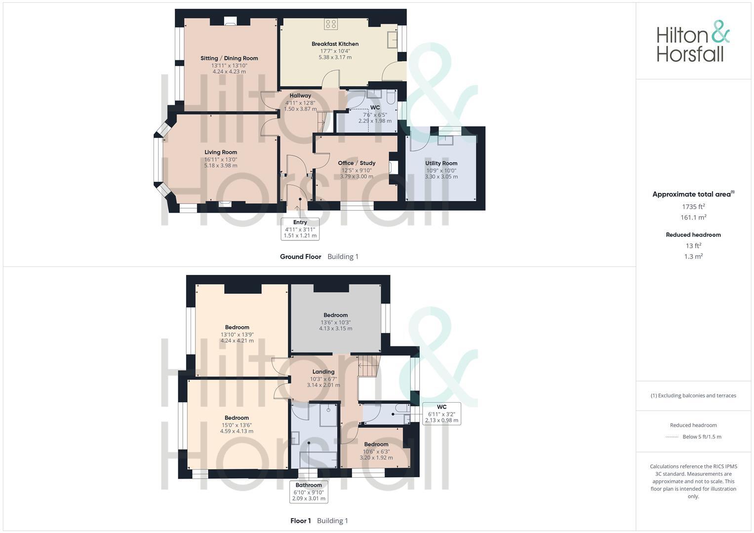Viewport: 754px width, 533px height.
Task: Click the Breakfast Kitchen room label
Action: [x=335, y=44]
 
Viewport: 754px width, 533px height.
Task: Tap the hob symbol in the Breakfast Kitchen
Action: [x=330, y=24]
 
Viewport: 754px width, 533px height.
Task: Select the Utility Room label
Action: [x=441, y=163]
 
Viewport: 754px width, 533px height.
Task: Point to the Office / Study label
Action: [x=357, y=163]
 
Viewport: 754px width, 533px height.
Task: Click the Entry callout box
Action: [x=300, y=229]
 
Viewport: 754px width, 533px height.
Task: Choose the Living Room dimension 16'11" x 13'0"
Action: [x=221, y=159]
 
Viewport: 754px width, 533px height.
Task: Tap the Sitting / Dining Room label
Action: [x=229, y=58]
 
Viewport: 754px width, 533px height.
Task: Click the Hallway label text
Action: [x=300, y=96]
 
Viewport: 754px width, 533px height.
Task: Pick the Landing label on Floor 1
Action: [x=323, y=372]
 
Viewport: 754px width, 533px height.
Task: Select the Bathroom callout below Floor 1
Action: [x=309, y=492]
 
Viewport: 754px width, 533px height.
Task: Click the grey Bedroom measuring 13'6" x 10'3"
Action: [x=335, y=315]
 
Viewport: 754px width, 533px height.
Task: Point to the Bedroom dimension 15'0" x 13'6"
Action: [x=237, y=425]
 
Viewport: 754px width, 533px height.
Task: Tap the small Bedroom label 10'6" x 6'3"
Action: [x=376, y=444]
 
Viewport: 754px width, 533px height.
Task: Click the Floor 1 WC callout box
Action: [x=441, y=414]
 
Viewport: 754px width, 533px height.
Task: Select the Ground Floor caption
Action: [x=300, y=257]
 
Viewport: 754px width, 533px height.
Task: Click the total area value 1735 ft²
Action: [x=693, y=207]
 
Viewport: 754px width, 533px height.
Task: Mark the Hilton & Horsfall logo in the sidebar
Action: [x=692, y=41]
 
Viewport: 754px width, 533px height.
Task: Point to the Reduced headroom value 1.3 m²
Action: [x=693, y=257]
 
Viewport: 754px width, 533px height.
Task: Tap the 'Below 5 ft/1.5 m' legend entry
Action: [x=701, y=437]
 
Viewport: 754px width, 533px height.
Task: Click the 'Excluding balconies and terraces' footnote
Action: [x=693, y=395]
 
